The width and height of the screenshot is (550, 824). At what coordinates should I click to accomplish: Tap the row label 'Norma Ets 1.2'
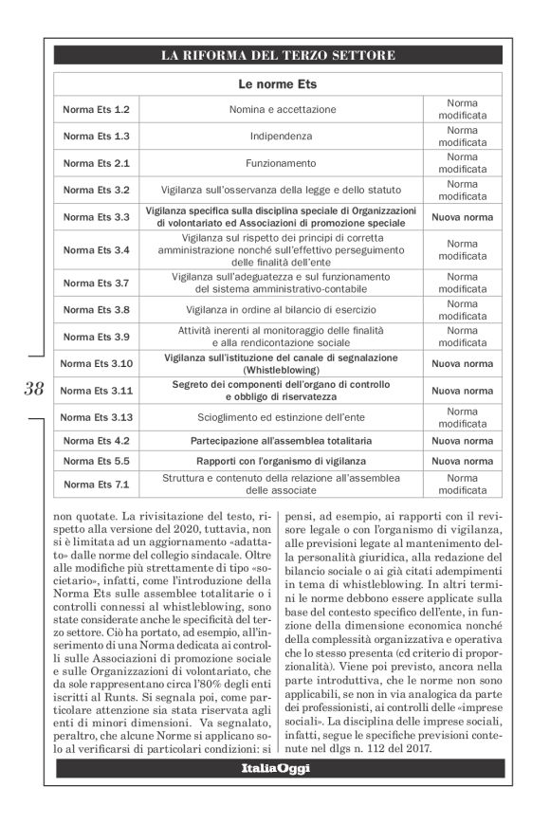pyautogui.click(x=96, y=110)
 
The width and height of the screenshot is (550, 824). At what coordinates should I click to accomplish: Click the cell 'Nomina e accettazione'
pyautogui.click(x=282, y=110)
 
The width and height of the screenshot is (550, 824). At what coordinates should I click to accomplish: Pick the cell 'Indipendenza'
pyautogui.click(x=282, y=137)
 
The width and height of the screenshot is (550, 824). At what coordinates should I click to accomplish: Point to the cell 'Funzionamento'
pyautogui.click(x=282, y=163)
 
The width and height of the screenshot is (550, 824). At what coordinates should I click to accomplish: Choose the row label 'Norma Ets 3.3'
pyautogui.click(x=96, y=217)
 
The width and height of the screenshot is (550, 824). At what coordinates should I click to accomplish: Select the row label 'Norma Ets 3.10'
pyautogui.click(x=96, y=363)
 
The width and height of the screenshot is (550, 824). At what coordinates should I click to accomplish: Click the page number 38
pyautogui.click(x=33, y=388)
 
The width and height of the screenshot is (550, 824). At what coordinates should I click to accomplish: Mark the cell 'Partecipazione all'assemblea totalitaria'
pyautogui.click(x=282, y=440)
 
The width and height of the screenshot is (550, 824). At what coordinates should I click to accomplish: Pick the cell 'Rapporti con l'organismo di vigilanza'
pyautogui.click(x=282, y=461)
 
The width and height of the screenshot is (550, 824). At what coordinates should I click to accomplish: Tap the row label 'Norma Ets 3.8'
pyautogui.click(x=96, y=309)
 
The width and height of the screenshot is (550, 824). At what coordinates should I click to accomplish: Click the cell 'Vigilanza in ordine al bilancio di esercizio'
pyautogui.click(x=282, y=309)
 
